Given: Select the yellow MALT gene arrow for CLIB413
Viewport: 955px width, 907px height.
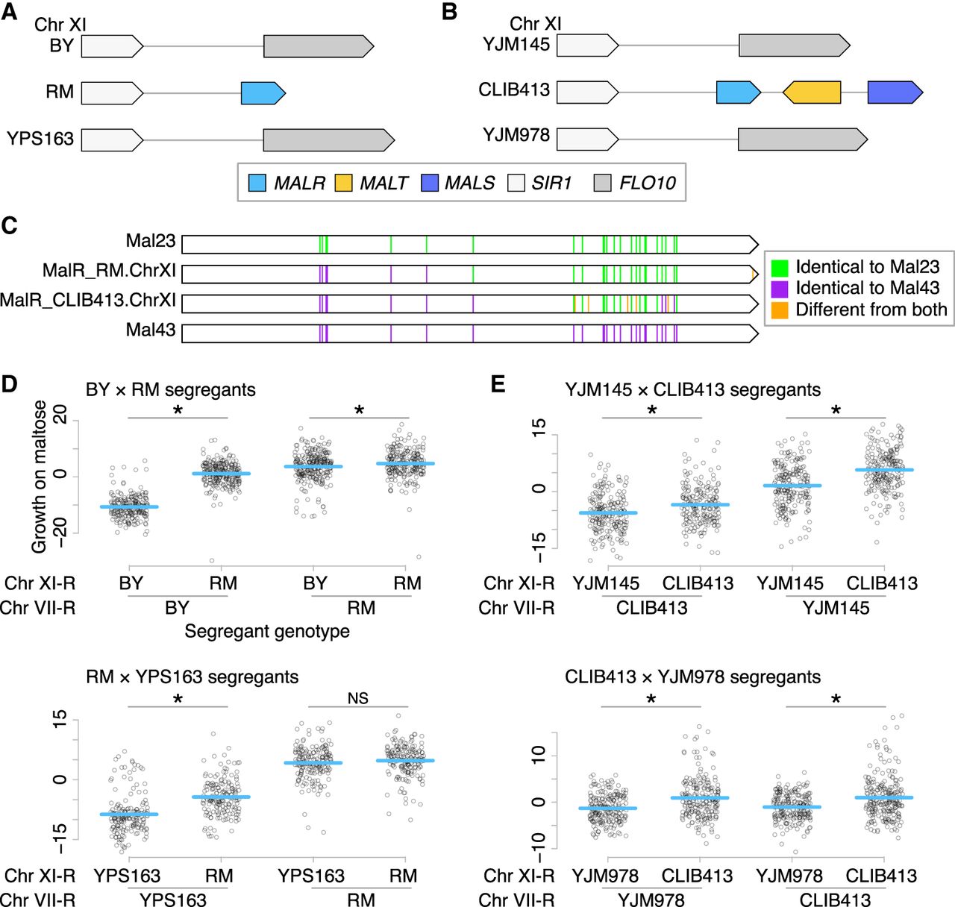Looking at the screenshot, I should [x=812, y=92].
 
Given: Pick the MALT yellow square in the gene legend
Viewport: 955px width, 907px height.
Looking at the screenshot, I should [x=343, y=183].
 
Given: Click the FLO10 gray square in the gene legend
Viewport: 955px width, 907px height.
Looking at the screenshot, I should [x=603, y=183].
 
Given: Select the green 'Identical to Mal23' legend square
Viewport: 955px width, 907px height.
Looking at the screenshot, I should [x=780, y=267].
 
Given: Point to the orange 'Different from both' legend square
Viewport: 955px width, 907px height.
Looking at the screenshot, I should [x=780, y=310].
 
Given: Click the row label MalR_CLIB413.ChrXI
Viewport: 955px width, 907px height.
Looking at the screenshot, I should [x=88, y=301].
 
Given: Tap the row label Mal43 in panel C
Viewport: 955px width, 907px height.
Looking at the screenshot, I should [x=151, y=330].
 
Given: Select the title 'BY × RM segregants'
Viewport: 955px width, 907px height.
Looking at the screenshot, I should [x=171, y=389].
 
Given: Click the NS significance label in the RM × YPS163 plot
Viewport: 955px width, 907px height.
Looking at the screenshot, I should [x=358, y=698].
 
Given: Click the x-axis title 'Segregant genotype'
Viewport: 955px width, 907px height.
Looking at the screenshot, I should [x=267, y=631].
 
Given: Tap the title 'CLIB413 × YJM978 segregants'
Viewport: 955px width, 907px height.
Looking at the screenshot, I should [x=692, y=677].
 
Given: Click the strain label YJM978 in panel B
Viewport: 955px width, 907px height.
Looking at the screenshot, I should [x=516, y=135].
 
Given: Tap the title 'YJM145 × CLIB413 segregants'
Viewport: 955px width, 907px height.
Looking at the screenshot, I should [x=692, y=389].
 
